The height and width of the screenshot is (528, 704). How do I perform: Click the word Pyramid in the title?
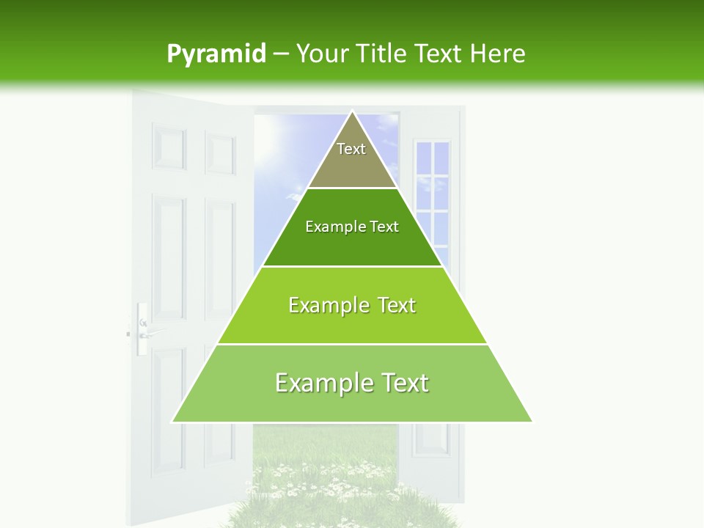pos(216,54)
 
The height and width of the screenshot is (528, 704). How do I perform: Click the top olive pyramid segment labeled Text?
pos(352,158)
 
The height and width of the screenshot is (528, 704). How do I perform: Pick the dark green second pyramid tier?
pos(352,238)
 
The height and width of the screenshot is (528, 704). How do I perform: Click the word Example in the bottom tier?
pos(318,383)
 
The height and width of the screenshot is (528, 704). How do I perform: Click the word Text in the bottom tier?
pos(404,383)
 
